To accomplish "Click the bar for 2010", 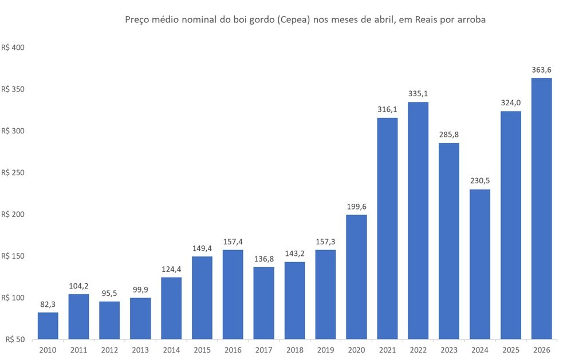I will coord(48,325).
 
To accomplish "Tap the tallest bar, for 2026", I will coord(542,208).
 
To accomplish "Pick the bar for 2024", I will coord(480,264).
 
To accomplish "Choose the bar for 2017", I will coord(264,303).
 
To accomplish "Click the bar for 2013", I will coord(140,318).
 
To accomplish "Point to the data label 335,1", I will coord(419,93).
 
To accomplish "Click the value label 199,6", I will coord(357,206).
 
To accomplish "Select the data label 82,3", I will coord(48,304).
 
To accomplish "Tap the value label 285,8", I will coord(449,134).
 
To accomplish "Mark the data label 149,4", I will coord(202,248).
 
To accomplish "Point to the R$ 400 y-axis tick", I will coord(13,48).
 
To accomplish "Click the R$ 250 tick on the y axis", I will coord(13,173).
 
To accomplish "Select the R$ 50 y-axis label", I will coord(15,339).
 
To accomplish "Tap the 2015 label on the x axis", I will coord(202,349).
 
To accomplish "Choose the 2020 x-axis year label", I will coord(357,349).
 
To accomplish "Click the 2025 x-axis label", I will coord(511,349).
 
